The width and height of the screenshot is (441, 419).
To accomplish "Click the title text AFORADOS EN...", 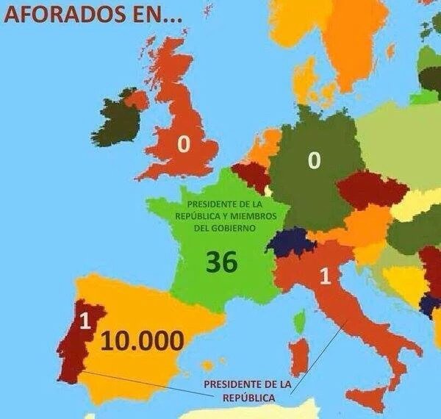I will point(92,15).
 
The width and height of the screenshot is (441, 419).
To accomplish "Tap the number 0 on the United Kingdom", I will point(184,146).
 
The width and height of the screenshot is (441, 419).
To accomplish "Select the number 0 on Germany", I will point(314,160).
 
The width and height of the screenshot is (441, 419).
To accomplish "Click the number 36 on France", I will point(220,262).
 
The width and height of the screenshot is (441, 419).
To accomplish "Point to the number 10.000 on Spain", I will point(141,340).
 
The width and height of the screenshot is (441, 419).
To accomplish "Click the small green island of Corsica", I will point(300,321).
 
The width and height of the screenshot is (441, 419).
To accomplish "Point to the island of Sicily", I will point(367,401).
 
